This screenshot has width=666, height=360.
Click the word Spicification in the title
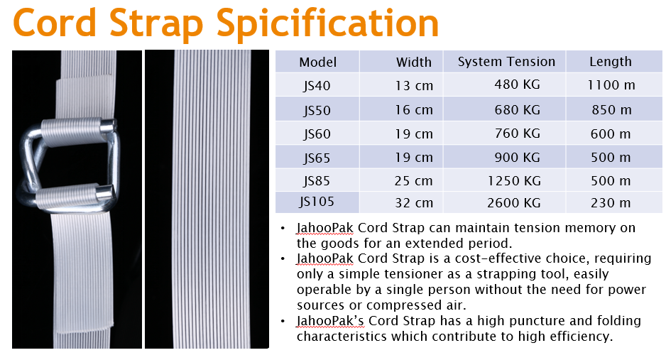327,24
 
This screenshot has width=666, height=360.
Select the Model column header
317,62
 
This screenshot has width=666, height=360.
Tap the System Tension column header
506,62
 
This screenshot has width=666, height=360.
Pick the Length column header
611,62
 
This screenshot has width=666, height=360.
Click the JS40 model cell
317,86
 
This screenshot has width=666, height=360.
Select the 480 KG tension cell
517,84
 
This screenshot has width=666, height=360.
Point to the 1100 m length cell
611,85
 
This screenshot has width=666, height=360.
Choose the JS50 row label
317,110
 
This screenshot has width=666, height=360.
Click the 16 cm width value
414,110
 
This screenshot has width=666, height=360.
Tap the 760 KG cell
517,133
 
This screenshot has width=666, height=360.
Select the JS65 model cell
317,158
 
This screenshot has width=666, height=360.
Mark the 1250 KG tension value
514,181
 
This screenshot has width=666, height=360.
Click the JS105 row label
317,201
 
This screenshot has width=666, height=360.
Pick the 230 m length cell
611,203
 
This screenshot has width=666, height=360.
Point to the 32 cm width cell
414,203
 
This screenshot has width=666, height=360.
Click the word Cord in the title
55,23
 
